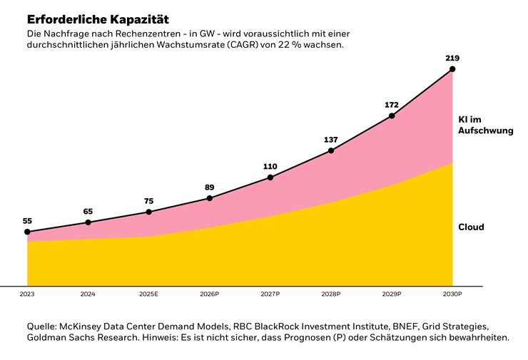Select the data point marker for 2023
click(x=27, y=232)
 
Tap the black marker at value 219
click(x=452, y=69)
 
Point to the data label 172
click(x=392, y=105)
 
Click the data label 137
click(x=330, y=140)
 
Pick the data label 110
click(x=270, y=167)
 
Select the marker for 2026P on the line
click(x=209, y=197)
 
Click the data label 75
click(x=148, y=202)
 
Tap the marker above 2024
click(x=88, y=222)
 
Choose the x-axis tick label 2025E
click(x=148, y=294)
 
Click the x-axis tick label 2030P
click(x=452, y=294)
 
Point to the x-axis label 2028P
click(x=330, y=294)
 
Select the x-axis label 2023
click(x=27, y=294)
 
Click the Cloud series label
click(x=471, y=227)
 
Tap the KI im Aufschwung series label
click(x=485, y=125)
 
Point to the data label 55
click(x=27, y=221)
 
